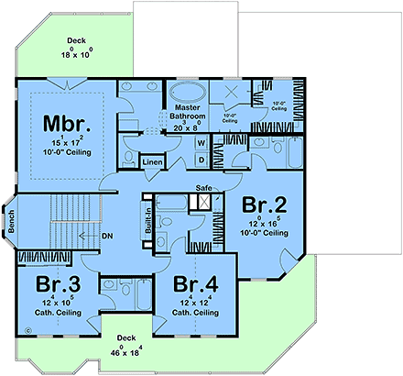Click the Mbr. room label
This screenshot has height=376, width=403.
67,124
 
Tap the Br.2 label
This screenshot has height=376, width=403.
264,204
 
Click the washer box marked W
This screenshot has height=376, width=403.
201,143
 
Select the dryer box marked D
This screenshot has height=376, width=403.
201,160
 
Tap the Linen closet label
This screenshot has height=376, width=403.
153,162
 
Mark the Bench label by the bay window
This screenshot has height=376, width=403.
8,222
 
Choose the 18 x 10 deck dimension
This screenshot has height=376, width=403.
77,54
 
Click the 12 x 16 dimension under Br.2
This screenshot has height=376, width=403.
264,224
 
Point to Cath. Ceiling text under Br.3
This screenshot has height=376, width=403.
58,312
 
